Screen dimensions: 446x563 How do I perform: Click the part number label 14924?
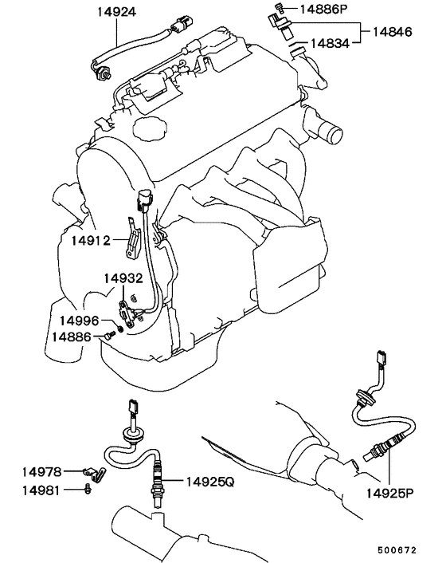click(117, 12)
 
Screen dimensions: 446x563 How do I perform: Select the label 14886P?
click(323, 9)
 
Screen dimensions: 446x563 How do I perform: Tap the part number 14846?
click(392, 32)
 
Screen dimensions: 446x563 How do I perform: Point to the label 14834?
click(330, 43)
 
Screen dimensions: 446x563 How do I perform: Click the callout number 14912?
click(91, 240)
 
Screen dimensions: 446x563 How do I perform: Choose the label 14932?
click(123, 278)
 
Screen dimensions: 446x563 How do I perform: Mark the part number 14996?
click(79, 321)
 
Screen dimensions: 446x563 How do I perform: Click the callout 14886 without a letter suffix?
click(72, 337)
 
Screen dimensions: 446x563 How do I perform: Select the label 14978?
click(41, 472)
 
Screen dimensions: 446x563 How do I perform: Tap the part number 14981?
click(41, 490)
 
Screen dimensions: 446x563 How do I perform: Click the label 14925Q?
click(209, 482)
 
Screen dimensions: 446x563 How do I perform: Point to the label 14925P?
click(389, 493)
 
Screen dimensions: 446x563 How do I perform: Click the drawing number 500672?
click(397, 549)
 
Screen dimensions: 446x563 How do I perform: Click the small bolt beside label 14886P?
click(280, 6)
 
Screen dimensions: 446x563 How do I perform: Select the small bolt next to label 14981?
click(87, 489)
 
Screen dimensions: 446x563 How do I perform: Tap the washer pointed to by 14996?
click(120, 329)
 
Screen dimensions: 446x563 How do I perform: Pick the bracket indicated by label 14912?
click(132, 238)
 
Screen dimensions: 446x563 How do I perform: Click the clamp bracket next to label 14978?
click(94, 473)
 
